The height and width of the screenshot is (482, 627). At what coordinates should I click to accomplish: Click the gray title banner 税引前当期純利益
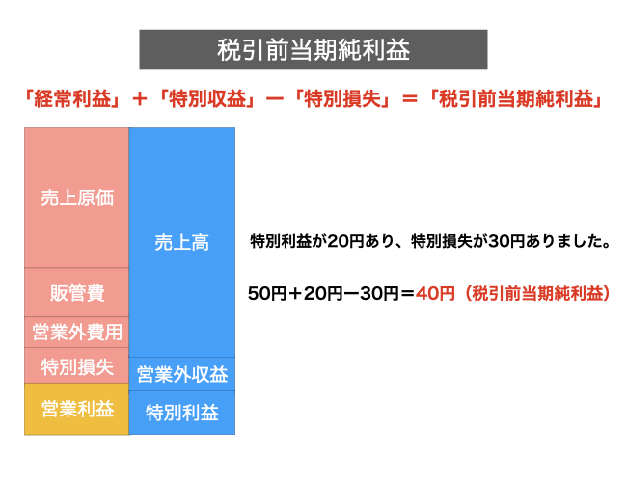pyautogui.click(x=313, y=49)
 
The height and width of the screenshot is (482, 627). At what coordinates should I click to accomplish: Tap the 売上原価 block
pyautogui.click(x=77, y=198)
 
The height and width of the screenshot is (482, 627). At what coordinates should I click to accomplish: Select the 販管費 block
pyautogui.click(x=77, y=292)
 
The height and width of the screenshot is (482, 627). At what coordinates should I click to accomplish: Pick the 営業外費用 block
pyautogui.click(x=77, y=333)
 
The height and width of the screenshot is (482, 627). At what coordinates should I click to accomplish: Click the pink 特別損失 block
pyautogui.click(x=77, y=365)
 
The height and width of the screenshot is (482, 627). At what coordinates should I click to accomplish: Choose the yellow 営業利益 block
pyautogui.click(x=77, y=409)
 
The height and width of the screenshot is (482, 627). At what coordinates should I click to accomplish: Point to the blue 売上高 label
pyautogui.click(x=182, y=242)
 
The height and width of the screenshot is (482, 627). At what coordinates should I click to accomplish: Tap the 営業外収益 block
pyautogui.click(x=182, y=374)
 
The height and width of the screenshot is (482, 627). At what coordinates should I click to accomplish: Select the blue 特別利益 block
pyautogui.click(x=182, y=413)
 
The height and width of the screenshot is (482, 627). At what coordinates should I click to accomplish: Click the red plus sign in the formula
pyautogui.click(x=140, y=98)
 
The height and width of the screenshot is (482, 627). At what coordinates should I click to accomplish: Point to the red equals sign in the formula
pyautogui.click(x=410, y=98)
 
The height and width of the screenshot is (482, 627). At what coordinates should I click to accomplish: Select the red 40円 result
pyautogui.click(x=435, y=293)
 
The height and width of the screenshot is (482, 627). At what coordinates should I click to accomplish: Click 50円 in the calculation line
pyautogui.click(x=267, y=293)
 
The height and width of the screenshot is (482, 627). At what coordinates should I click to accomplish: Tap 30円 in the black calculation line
pyautogui.click(x=379, y=293)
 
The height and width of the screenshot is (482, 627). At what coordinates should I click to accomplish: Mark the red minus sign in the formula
pyautogui.click(x=275, y=98)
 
